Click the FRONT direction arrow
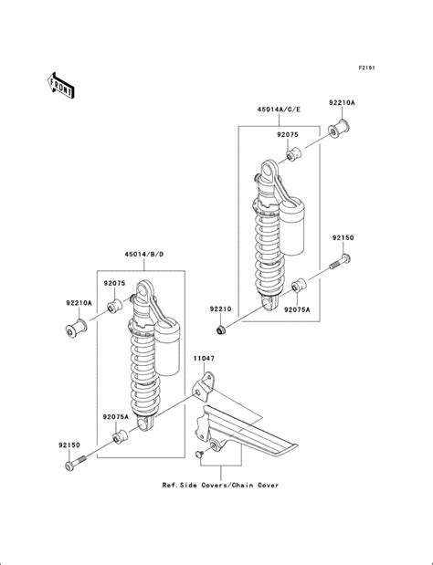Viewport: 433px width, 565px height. (60, 86)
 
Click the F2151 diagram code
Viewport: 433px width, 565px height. (366, 68)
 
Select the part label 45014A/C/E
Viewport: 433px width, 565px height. (279, 110)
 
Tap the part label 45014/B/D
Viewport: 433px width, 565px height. (143, 254)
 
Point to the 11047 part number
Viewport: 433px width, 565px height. (204, 358)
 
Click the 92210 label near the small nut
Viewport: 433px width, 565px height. (221, 309)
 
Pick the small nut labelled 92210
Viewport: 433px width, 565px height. (221, 329)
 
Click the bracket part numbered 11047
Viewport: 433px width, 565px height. (204, 387)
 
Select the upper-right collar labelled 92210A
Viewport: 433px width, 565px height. (339, 129)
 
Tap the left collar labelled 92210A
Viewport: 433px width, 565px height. (76, 328)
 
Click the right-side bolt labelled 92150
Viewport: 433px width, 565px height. (341, 262)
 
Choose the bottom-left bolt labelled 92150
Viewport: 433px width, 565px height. (75, 463)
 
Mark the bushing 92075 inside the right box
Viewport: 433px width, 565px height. (293, 154)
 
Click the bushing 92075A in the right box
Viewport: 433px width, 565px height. (299, 285)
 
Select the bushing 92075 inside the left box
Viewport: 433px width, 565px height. (115, 306)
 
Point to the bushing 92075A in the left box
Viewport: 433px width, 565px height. (121, 436)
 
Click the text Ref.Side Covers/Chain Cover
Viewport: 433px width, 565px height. (221, 485)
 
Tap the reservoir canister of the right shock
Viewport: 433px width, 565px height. (291, 226)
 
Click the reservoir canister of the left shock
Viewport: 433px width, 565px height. (167, 347)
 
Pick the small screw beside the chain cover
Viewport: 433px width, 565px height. (199, 455)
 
